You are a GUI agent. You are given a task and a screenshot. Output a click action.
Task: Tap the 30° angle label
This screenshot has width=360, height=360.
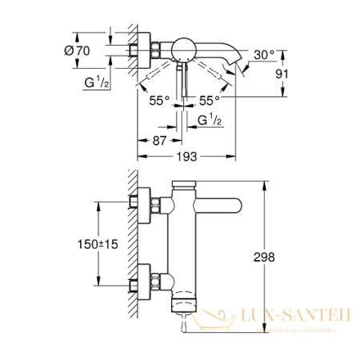click(x=264, y=55)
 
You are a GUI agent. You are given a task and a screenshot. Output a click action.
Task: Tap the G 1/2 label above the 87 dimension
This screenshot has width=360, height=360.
click(x=210, y=121)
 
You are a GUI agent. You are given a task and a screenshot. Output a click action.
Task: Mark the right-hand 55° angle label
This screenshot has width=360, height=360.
click(x=210, y=102)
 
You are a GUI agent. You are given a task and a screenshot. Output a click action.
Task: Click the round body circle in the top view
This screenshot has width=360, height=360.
click(x=185, y=47)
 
